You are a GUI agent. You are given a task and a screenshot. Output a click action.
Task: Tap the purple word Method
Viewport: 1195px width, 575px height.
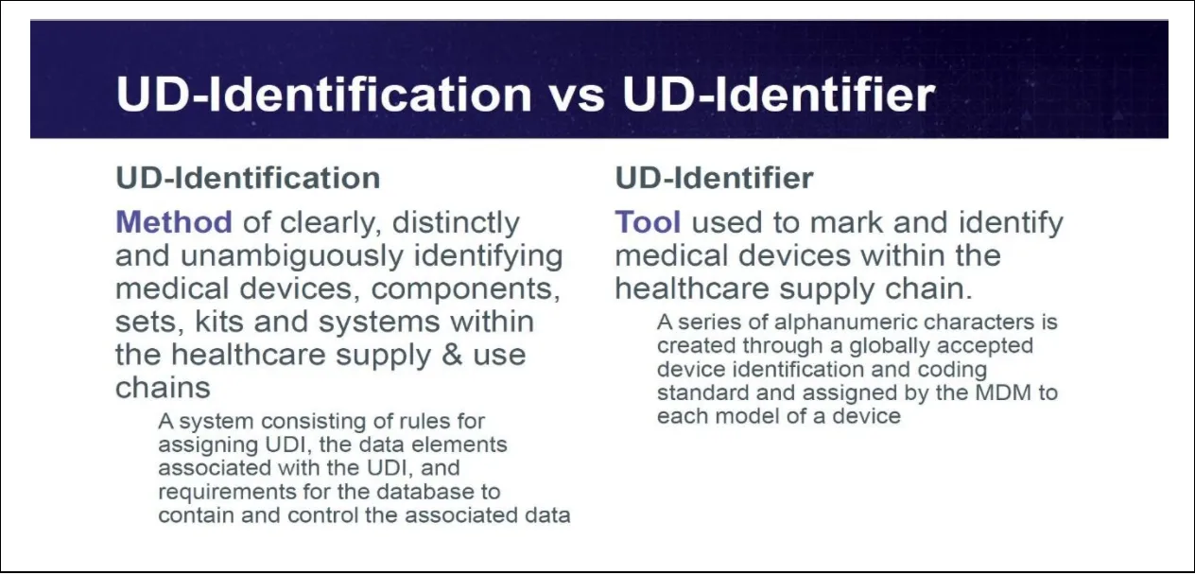click(173, 223)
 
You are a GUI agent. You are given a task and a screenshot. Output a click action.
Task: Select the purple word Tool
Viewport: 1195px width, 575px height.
click(648, 223)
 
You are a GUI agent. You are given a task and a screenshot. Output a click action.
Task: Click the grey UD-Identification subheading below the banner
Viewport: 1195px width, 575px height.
click(248, 178)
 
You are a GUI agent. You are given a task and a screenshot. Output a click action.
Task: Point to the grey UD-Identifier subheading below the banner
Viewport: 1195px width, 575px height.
click(714, 178)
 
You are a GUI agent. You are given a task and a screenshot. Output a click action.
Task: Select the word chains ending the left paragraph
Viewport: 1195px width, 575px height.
click(163, 388)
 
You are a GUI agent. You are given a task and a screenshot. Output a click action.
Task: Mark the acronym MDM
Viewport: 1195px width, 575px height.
click(999, 392)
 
